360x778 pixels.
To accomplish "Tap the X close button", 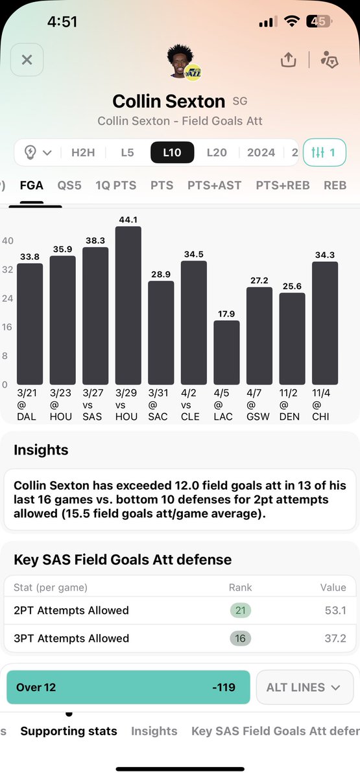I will [27, 60].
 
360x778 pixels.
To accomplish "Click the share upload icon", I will [288, 60].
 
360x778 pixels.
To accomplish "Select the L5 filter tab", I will [127, 152].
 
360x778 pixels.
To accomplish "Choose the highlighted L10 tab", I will [172, 152].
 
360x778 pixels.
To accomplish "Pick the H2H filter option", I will [82, 152].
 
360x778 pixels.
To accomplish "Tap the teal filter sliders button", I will [324, 152].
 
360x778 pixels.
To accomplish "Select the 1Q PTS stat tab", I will [115, 185].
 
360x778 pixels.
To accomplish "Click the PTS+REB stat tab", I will [282, 185].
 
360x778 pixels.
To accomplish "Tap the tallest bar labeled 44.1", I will [128, 305].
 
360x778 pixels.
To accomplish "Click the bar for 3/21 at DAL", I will [30, 324].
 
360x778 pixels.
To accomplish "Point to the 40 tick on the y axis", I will [8, 241].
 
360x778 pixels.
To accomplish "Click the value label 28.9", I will [161, 273].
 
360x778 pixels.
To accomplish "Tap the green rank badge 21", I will [240, 610].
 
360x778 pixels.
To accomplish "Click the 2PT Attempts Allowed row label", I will [71, 610].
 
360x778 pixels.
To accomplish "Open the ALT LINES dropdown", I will [305, 687].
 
